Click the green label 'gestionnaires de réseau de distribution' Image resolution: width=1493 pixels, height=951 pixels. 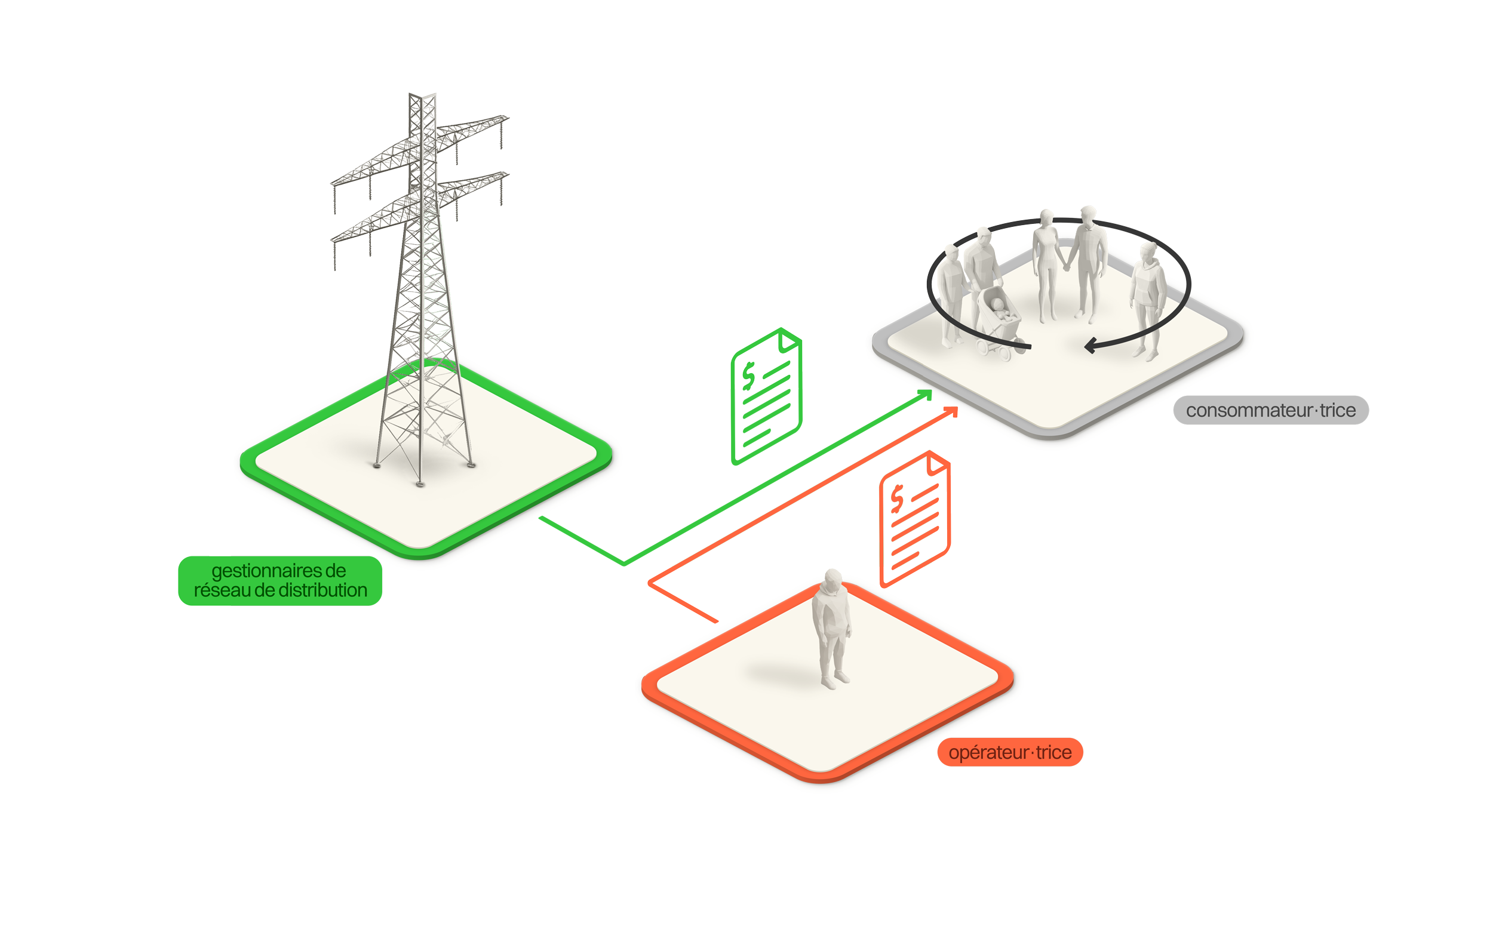click(280, 580)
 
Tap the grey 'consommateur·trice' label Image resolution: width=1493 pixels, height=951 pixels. click(1270, 410)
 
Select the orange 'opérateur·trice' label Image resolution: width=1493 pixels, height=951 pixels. click(1010, 753)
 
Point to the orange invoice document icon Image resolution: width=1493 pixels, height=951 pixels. click(915, 519)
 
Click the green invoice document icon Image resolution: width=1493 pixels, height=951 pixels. click(767, 361)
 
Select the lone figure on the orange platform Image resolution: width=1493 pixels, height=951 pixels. click(831, 629)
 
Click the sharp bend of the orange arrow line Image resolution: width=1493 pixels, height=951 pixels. click(650, 583)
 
